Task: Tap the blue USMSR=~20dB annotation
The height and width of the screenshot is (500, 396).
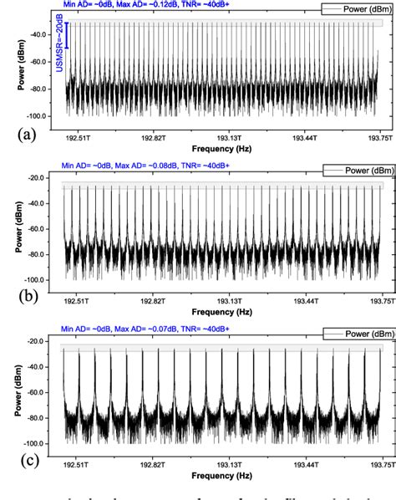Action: (x=61, y=52)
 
